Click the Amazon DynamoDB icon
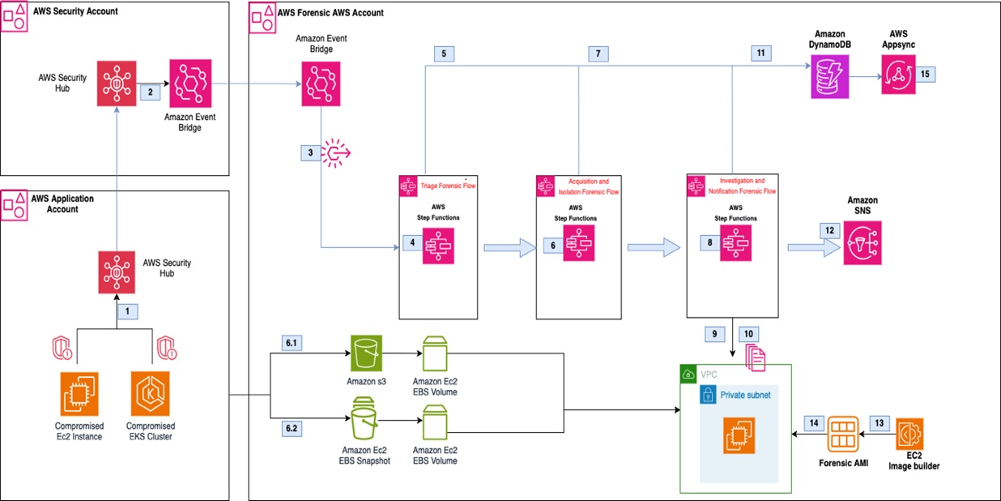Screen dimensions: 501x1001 coord(830,78)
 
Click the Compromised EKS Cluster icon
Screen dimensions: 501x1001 coord(150,393)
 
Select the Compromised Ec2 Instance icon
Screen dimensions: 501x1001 coord(79,393)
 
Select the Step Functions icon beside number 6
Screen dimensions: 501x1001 coord(579,244)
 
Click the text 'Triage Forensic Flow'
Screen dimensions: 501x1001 coord(446,186)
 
